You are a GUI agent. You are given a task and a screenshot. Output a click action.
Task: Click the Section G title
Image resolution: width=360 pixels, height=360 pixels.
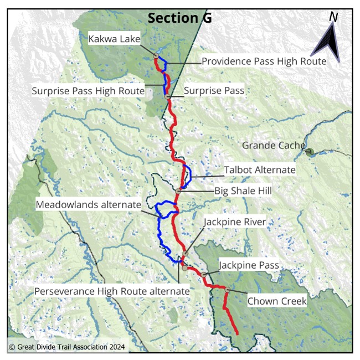[x=179, y=18]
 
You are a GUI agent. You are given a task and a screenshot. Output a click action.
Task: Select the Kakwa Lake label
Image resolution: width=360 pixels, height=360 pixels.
[x=115, y=39]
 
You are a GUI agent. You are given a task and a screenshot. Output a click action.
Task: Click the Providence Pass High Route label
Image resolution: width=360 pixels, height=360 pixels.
[x=263, y=61]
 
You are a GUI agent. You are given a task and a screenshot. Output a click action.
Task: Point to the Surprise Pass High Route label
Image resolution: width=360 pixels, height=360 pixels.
[x=88, y=90]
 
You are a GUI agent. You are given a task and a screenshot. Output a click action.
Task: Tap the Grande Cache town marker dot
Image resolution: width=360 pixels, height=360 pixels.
[x=310, y=151]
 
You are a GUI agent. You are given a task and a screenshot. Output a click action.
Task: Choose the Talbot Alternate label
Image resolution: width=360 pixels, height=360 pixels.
[x=260, y=169]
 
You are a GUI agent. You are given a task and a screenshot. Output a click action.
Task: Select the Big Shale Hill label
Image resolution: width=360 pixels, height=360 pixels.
[x=248, y=192]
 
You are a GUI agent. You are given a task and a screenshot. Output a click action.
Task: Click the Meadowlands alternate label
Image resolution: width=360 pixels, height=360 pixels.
[x=89, y=204]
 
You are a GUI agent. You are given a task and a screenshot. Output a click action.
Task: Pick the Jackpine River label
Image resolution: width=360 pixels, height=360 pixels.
[x=235, y=222]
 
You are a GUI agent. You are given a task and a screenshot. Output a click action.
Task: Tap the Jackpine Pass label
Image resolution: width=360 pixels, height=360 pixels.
[x=249, y=265]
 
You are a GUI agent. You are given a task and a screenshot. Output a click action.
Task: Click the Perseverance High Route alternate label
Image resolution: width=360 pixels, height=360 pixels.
[x=112, y=291]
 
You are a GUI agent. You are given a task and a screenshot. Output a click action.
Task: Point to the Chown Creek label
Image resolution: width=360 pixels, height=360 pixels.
[x=277, y=301]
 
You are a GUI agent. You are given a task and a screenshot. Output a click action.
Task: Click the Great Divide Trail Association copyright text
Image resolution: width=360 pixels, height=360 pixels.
[x=67, y=347]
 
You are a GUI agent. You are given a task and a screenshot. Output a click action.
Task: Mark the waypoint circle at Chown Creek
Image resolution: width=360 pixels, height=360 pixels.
[x=227, y=289]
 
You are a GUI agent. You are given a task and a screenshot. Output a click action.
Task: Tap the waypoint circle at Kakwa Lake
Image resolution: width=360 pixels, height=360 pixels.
[x=156, y=56]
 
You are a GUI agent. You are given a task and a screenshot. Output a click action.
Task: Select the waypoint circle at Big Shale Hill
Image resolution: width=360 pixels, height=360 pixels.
[x=178, y=191]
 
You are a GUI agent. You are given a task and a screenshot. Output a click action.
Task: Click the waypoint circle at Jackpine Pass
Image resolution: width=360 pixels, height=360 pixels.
[x=204, y=275]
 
